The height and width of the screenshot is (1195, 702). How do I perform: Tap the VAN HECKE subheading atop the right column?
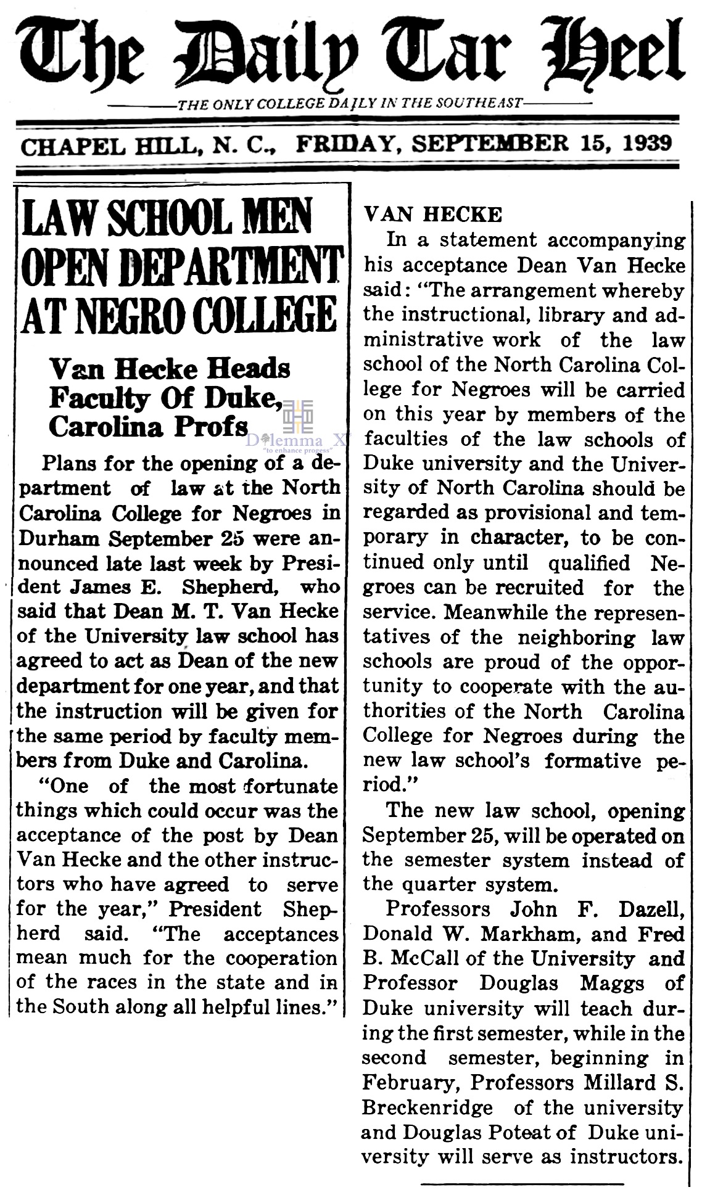(433, 215)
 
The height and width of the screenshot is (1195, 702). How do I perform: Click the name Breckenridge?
(427, 1107)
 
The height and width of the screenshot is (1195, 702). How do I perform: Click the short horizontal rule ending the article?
(522, 1181)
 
